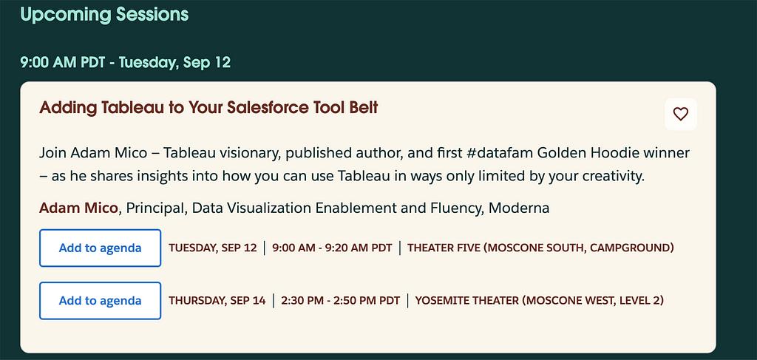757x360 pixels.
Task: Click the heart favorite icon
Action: point(681,115)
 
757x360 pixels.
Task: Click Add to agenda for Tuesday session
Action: point(100,248)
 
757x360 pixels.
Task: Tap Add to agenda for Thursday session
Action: point(100,301)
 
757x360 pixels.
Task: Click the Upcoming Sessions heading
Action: point(104,15)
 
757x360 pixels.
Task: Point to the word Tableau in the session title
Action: point(126,108)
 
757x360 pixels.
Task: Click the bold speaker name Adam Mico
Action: point(78,208)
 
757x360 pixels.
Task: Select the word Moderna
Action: point(519,208)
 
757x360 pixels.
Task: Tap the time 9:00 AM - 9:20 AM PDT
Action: point(332,248)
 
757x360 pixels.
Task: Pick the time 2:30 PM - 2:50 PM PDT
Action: point(340,301)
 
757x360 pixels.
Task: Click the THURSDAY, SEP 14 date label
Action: point(217,301)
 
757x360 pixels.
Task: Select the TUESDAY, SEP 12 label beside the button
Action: point(213,248)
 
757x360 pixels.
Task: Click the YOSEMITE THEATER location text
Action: point(539,301)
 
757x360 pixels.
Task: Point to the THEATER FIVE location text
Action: point(540,248)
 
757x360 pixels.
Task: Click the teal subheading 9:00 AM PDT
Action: point(63,63)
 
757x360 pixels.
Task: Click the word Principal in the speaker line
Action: point(157,208)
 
